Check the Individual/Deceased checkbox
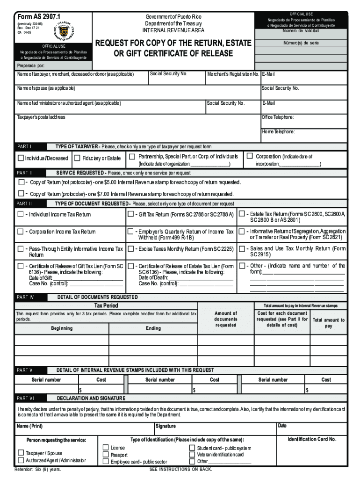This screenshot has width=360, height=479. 21,158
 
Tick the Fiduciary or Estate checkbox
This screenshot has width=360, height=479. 78,158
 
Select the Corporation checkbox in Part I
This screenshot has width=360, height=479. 250,156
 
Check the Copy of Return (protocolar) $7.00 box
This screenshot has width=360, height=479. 21,194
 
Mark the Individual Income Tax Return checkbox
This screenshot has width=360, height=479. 21,214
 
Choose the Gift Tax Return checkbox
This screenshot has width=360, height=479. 131,214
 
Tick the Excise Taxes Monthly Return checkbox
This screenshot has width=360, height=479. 131,249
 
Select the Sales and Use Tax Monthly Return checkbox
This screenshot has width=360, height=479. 242,249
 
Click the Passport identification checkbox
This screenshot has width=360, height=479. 106,455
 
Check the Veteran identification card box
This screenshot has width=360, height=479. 192,455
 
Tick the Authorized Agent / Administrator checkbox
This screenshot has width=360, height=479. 21,461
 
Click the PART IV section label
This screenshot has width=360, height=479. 25,297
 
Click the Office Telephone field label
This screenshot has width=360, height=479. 278,117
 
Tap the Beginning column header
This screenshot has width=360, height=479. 62,328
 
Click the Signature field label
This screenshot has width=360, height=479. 166,426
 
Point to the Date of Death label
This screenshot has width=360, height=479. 152,278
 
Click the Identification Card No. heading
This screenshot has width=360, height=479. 312,439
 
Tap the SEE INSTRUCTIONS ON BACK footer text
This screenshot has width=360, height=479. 180,469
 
